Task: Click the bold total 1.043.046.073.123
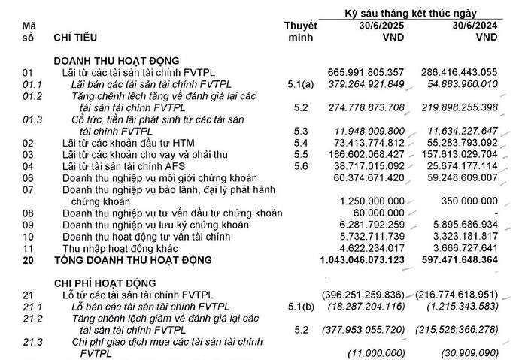[360, 260]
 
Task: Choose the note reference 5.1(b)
[301, 307]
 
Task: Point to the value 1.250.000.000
[374, 201]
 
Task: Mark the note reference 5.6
[301, 165]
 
